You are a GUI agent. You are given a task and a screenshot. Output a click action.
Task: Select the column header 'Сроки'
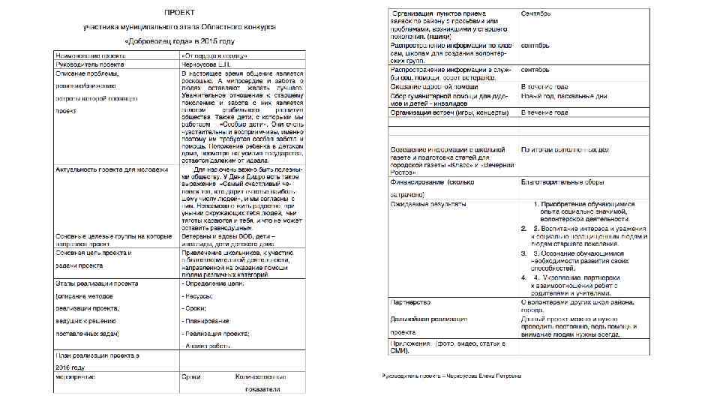[191, 377]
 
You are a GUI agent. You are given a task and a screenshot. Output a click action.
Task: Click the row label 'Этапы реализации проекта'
[96, 284]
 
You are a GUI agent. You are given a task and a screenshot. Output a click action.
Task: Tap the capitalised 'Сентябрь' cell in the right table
[537, 13]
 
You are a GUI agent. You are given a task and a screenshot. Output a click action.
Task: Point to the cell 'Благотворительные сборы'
[562, 182]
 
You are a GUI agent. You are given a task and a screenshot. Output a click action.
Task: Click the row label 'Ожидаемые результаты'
[429, 203]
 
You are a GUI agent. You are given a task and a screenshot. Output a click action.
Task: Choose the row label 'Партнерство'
[411, 301]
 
